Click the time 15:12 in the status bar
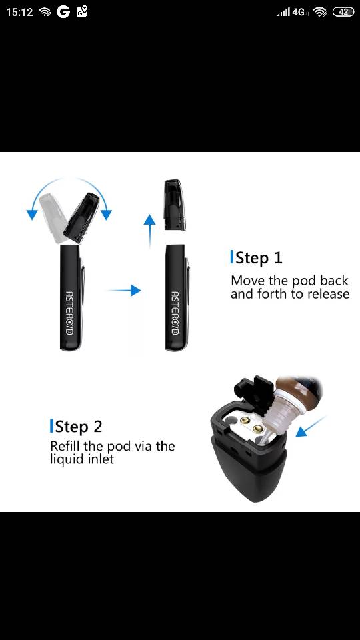point(19,12)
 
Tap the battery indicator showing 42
point(343,12)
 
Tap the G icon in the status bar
point(63,12)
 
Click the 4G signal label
point(299,12)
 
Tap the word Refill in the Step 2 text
point(64,446)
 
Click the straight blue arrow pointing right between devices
point(124,290)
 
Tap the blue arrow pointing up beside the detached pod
point(149,231)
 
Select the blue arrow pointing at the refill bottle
point(311,426)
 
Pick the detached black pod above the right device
point(175,205)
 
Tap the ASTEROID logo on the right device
point(175,313)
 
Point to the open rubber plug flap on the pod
point(254,387)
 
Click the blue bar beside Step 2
point(51,426)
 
